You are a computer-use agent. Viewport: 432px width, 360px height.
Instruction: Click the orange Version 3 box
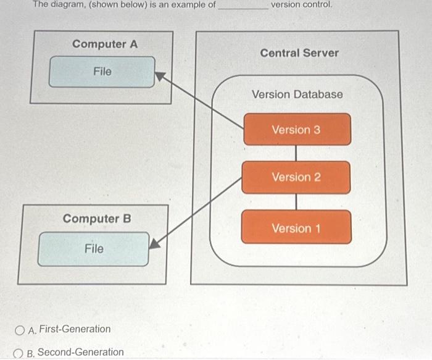[x=297, y=130]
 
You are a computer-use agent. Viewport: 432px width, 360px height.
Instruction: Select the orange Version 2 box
[x=296, y=177]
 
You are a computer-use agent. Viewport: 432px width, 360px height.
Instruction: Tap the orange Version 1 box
[x=296, y=227]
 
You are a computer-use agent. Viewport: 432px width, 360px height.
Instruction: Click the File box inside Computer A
[x=102, y=72]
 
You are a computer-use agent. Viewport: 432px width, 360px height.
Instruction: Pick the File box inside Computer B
[x=94, y=249]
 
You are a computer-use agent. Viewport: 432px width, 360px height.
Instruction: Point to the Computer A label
[x=105, y=44]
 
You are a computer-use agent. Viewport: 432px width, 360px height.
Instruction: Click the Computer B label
[x=97, y=219]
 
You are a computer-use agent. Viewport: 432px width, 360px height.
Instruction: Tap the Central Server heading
[x=299, y=53]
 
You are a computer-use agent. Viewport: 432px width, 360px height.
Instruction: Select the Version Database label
[x=297, y=94]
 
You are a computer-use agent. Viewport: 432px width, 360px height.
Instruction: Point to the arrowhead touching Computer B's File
[x=155, y=243]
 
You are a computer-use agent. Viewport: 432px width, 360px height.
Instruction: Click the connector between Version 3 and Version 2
[x=296, y=153]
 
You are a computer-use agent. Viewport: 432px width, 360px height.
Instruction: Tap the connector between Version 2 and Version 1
[x=296, y=201]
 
